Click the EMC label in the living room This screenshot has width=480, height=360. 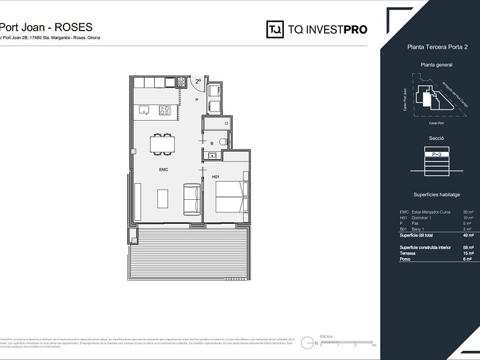pos(163,170)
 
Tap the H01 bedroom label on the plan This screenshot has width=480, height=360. pos(216,176)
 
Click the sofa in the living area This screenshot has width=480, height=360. pos(192,199)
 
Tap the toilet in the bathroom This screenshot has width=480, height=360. pos(223,142)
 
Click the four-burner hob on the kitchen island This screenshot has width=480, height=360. pos(164,110)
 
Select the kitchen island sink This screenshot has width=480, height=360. pos(144,110)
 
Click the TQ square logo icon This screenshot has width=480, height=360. pos(275,29)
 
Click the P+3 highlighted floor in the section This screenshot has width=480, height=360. pos(437,154)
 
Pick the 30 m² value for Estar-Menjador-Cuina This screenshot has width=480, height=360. pos(468,212)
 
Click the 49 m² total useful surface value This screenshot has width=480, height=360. pos(468,235)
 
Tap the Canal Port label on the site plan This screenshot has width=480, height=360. pos(436,123)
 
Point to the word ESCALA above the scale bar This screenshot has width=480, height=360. pos(326,337)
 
